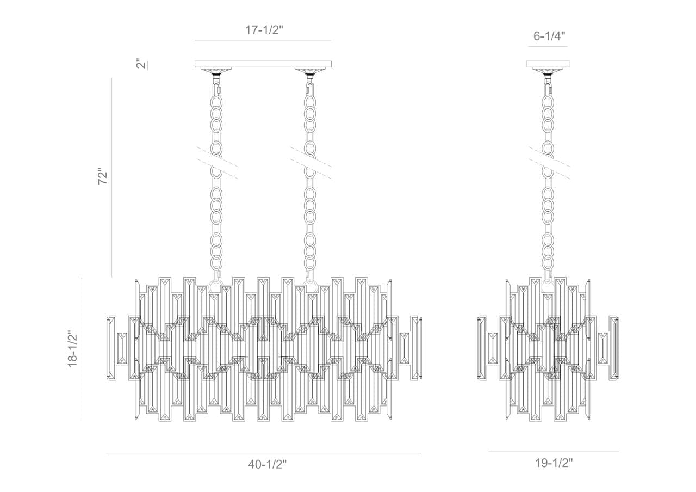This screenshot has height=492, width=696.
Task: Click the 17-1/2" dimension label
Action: tap(264, 30)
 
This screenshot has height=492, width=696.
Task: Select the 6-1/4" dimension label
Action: tap(549, 36)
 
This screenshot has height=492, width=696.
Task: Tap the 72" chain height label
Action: tap(103, 177)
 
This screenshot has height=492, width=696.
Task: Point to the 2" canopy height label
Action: tap(141, 64)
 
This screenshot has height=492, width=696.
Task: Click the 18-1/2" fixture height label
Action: tap(72, 349)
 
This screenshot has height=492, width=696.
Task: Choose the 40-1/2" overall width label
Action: tap(267, 464)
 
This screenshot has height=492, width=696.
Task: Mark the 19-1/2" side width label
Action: tap(554, 463)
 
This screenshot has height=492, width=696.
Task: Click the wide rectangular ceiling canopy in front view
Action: tap(263, 64)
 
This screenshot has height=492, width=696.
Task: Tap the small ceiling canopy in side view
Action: tap(548, 64)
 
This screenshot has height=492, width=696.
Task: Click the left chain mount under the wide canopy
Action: tap(217, 71)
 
